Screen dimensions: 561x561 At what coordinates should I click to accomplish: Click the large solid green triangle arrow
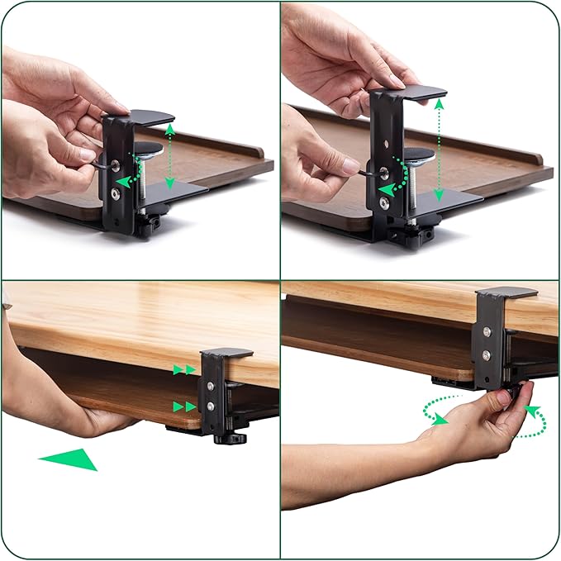coord(71,459)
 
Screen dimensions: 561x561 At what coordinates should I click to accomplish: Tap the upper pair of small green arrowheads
coord(185,369)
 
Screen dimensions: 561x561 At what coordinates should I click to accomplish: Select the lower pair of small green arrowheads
coord(185,406)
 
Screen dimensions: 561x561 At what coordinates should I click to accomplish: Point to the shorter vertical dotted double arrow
coord(169,155)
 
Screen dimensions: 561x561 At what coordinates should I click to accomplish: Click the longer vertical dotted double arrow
coord(439,149)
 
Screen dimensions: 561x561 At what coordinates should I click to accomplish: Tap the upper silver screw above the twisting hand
coord(487,332)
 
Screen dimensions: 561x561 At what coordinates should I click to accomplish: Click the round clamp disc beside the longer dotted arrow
coord(416,154)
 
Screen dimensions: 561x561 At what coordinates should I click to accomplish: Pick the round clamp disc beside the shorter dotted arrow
coord(149,149)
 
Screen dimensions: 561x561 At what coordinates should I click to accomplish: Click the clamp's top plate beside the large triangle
coord(226,353)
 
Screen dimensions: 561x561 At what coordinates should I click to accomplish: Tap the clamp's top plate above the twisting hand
coord(506,292)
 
